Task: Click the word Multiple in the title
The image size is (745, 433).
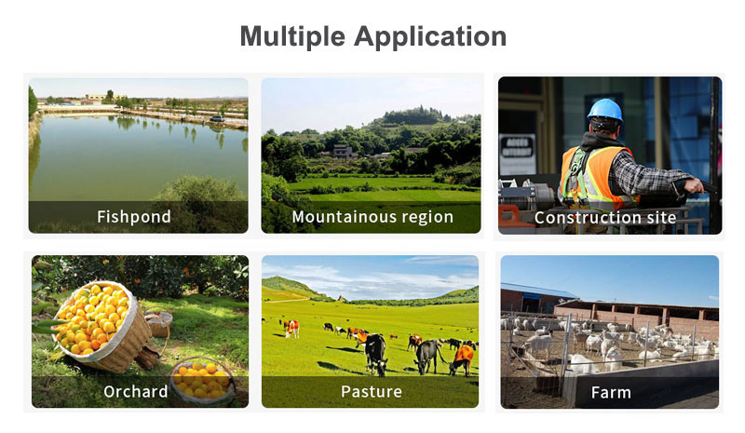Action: pyautogui.click(x=292, y=36)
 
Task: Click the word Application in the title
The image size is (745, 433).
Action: pyautogui.click(x=430, y=36)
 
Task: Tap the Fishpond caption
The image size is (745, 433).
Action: pyautogui.click(x=133, y=217)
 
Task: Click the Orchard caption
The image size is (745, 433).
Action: pyautogui.click(x=135, y=392)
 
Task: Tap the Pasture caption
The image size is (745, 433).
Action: pyautogui.click(x=371, y=392)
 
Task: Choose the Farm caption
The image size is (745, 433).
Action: pyautogui.click(x=611, y=393)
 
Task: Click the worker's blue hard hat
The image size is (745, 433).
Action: pyautogui.click(x=604, y=110)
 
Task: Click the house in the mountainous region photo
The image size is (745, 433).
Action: pyautogui.click(x=343, y=151)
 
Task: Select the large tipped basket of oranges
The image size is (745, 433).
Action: pyautogui.click(x=102, y=326)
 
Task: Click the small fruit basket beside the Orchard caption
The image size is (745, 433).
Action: pyautogui.click(x=203, y=381)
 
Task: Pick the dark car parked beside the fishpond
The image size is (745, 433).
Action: pyautogui.click(x=218, y=118)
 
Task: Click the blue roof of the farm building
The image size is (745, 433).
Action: pyautogui.click(x=538, y=290)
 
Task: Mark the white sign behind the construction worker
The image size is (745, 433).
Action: pyautogui.click(x=517, y=153)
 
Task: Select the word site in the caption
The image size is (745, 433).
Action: pyautogui.click(x=661, y=218)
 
